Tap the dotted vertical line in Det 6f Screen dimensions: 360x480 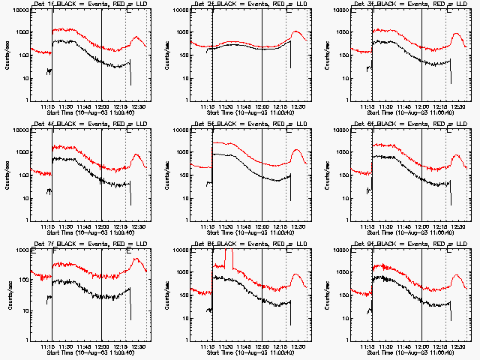pos(445,176)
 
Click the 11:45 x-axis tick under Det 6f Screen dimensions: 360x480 pos(403,226)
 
